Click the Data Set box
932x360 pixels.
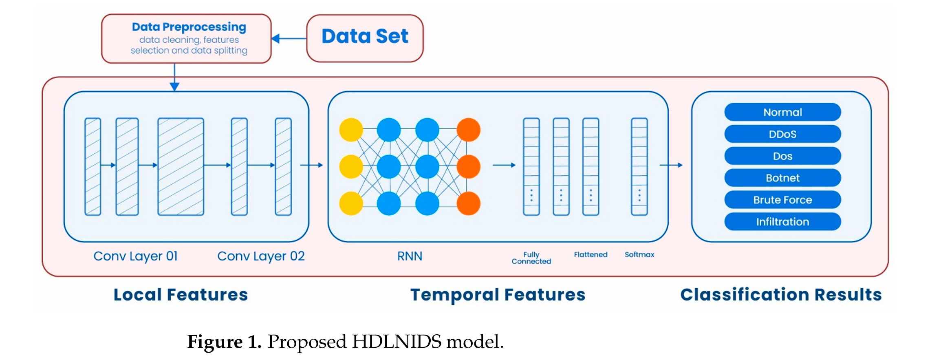coord(365,38)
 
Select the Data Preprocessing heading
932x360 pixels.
coord(189,27)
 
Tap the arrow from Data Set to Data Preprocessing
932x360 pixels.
coord(289,39)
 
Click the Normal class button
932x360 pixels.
coord(782,112)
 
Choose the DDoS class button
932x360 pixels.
coord(782,134)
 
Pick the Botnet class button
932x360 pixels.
coord(782,178)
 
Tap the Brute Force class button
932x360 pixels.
coord(782,200)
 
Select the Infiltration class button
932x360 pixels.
coord(782,222)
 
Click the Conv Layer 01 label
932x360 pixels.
coord(136,256)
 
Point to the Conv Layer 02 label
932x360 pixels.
coord(261,256)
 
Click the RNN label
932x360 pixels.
coord(410,256)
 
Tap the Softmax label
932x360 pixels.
coord(639,254)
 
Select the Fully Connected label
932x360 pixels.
coord(531,258)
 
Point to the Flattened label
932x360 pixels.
coord(590,254)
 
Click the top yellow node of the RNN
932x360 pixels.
coord(351,130)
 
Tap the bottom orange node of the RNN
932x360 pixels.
coord(468,203)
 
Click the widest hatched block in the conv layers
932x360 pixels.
coord(181,166)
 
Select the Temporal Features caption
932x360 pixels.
coord(498,294)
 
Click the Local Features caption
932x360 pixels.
coord(181,294)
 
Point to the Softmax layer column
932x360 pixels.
coord(639,166)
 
